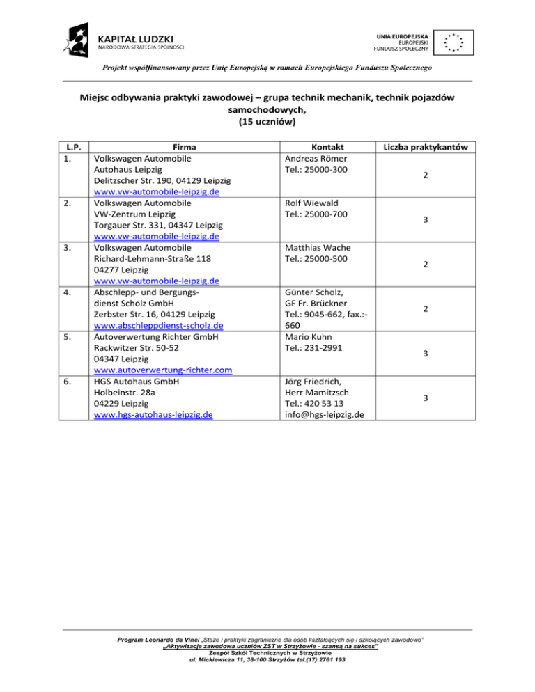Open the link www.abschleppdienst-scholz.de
tap(158, 326)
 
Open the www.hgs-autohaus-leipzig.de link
tap(153, 416)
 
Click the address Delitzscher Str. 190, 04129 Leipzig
tap(162, 181)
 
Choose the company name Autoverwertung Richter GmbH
tap(161, 337)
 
